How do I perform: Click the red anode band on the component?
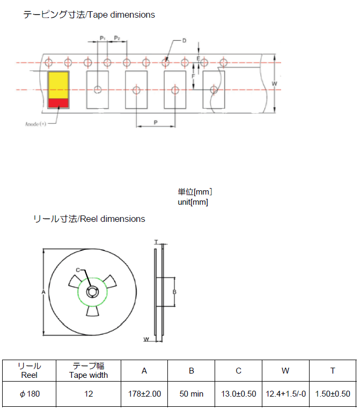(x=58, y=102)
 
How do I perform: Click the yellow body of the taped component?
(x=58, y=85)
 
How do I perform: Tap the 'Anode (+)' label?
(x=36, y=124)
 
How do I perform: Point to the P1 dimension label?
(x=102, y=39)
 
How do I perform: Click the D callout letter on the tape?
(x=183, y=41)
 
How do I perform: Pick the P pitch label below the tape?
(x=156, y=122)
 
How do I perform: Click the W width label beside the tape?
(x=274, y=84)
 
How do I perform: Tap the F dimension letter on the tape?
(x=193, y=77)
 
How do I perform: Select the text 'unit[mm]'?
(x=193, y=202)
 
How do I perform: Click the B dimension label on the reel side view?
(x=174, y=292)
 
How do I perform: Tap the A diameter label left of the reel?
(x=43, y=292)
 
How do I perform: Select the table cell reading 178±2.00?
(x=144, y=394)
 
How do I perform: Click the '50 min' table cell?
(x=191, y=394)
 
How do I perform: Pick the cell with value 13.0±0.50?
(x=238, y=394)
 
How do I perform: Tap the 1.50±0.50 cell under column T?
(x=333, y=394)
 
